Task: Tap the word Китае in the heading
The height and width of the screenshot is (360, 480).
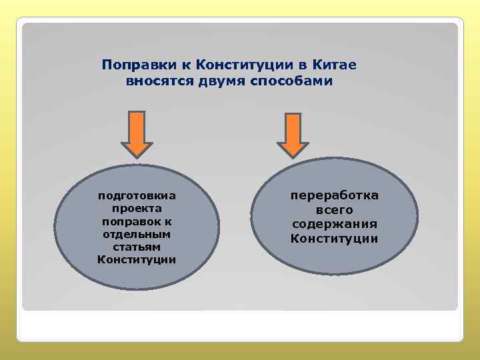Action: point(335,65)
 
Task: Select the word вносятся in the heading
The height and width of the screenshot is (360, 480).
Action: point(155,81)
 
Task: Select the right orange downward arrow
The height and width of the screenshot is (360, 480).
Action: point(292,137)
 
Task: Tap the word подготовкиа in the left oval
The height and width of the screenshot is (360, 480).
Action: point(137,195)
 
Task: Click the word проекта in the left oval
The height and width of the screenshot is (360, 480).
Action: point(137,208)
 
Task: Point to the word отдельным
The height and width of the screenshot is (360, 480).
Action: point(137,233)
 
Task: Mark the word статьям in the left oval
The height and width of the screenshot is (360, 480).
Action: point(137,246)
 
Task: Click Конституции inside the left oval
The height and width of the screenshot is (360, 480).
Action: point(137,259)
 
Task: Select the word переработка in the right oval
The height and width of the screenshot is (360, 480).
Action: point(334,195)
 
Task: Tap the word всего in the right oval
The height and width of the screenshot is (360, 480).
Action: point(334,210)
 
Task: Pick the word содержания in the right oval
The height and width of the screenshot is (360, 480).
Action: point(334,224)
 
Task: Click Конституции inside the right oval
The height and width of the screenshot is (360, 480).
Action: point(334,238)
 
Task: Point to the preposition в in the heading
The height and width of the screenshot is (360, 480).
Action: point(303,65)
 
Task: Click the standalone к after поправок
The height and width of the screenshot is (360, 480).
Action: point(169,221)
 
